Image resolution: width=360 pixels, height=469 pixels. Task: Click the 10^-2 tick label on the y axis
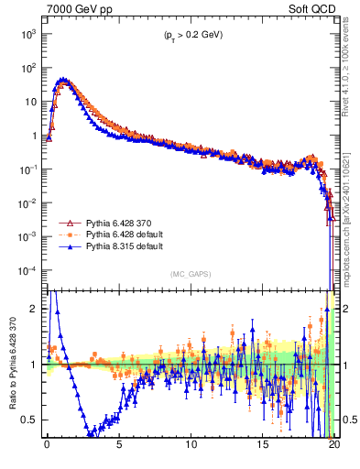(x=25, y=203)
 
